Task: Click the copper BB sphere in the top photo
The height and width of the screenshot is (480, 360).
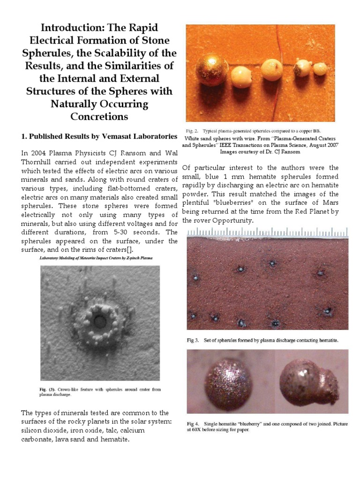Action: click(211, 69)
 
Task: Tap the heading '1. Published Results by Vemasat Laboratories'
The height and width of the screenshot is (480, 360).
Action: click(99, 136)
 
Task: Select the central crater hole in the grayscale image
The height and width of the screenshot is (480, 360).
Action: click(99, 322)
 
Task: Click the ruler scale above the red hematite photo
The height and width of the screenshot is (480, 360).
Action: click(267, 232)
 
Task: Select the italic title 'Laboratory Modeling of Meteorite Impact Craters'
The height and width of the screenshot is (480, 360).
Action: click(96, 258)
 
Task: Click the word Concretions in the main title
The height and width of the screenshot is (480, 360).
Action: click(99, 116)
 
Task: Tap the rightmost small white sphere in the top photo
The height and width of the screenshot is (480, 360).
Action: click(320, 69)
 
